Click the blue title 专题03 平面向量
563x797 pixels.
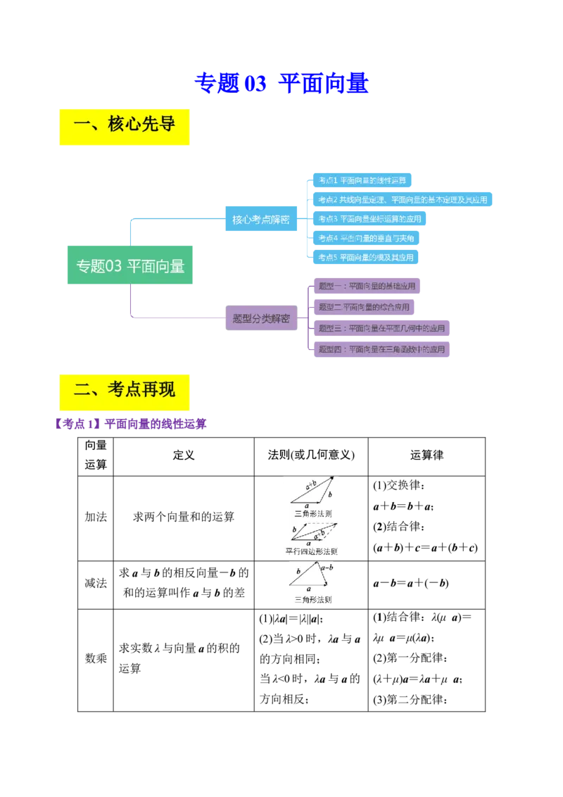pyautogui.click(x=281, y=83)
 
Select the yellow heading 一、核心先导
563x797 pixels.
pyautogui.click(x=124, y=126)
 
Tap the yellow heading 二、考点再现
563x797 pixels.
pyautogui.click(x=124, y=390)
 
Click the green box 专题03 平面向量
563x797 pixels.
pyautogui.click(x=129, y=265)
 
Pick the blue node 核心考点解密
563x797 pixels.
pyautogui.click(x=261, y=220)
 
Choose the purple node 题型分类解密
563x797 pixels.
pyautogui.click(x=261, y=318)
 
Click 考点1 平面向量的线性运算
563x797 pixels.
pyautogui.click(x=362, y=180)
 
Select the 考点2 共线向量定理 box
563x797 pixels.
pyautogui.click(x=403, y=200)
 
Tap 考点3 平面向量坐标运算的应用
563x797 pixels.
pyautogui.click(x=369, y=219)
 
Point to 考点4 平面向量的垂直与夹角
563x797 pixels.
pyautogui.click(x=366, y=239)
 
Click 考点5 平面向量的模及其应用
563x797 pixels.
pyautogui.click(x=366, y=258)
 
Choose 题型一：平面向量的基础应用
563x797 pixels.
pyautogui.click(x=367, y=287)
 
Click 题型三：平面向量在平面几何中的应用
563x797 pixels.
pyautogui.click(x=381, y=328)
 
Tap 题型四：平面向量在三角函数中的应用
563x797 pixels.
pyautogui.click(x=381, y=349)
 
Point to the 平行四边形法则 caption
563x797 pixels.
pyautogui.click(x=311, y=551)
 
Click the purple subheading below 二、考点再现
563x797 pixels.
pyautogui.click(x=130, y=425)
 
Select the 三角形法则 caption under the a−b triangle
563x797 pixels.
pyautogui.click(x=312, y=601)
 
